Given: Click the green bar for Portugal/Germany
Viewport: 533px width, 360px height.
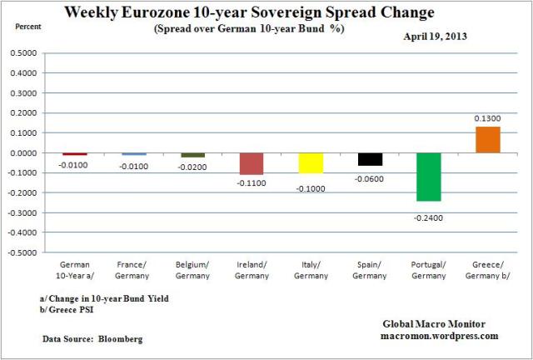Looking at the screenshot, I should (429, 177).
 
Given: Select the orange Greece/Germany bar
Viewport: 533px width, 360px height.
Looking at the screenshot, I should (488, 140).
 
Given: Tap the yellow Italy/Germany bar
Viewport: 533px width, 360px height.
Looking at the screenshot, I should (311, 162).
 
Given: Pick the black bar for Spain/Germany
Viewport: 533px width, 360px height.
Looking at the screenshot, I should (370, 159).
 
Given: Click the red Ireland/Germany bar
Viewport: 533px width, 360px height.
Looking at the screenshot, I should (252, 163).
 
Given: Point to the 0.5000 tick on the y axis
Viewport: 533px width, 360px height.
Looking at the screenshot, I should (22, 53).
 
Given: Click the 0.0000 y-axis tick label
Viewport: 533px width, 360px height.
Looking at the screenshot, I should (22, 153).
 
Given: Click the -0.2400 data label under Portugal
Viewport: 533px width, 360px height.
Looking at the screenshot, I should (430, 216).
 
